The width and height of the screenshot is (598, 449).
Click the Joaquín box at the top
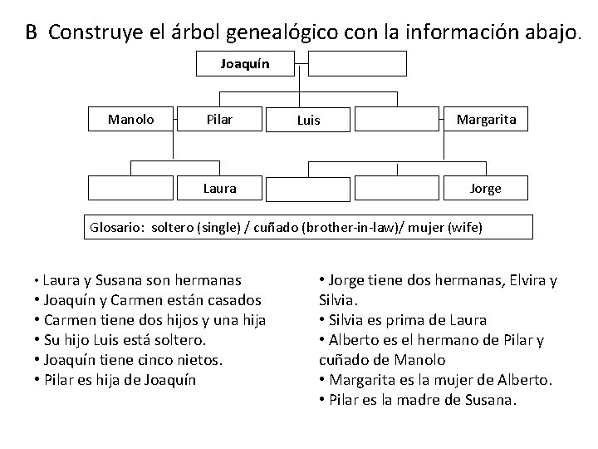245,63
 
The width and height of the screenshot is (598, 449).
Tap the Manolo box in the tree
131,119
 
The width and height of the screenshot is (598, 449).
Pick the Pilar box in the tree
219,119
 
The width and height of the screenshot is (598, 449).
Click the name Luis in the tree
308,121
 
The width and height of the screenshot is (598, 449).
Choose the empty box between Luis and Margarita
397,119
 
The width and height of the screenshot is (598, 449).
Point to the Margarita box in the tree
486,119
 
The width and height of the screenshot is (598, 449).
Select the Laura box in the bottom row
219,189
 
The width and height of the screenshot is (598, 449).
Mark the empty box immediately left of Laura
131,189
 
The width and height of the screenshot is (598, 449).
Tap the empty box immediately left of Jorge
397,189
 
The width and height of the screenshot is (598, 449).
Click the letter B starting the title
31,32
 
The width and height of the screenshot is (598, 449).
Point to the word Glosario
115,227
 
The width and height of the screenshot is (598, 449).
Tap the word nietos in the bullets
194,360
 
